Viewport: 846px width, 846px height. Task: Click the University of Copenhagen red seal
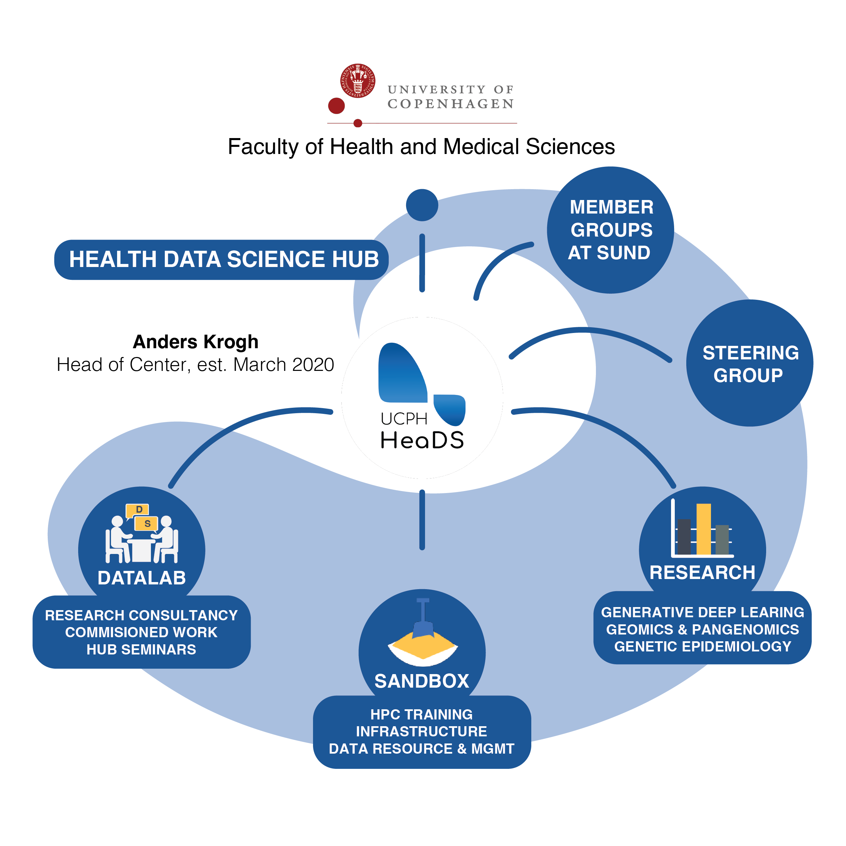(358, 81)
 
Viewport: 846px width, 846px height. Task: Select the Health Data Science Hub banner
(221, 259)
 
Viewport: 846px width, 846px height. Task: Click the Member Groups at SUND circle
(610, 230)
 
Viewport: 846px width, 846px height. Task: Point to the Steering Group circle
(750, 363)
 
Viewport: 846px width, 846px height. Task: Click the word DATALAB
(141, 578)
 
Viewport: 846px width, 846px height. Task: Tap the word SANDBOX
(422, 681)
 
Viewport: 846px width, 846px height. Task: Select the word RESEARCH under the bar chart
(703, 572)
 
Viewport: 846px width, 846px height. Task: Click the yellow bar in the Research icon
(703, 529)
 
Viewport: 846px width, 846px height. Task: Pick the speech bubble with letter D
(138, 510)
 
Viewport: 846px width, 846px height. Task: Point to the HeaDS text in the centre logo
(422, 440)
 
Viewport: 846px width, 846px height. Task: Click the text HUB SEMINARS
(141, 649)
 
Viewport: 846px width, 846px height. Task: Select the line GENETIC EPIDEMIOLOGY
(703, 646)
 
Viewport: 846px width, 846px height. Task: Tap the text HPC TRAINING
(421, 714)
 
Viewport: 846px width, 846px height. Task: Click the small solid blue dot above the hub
(422, 205)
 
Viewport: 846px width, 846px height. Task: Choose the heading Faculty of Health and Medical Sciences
(421, 147)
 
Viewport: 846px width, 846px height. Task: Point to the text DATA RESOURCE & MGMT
(421, 748)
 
